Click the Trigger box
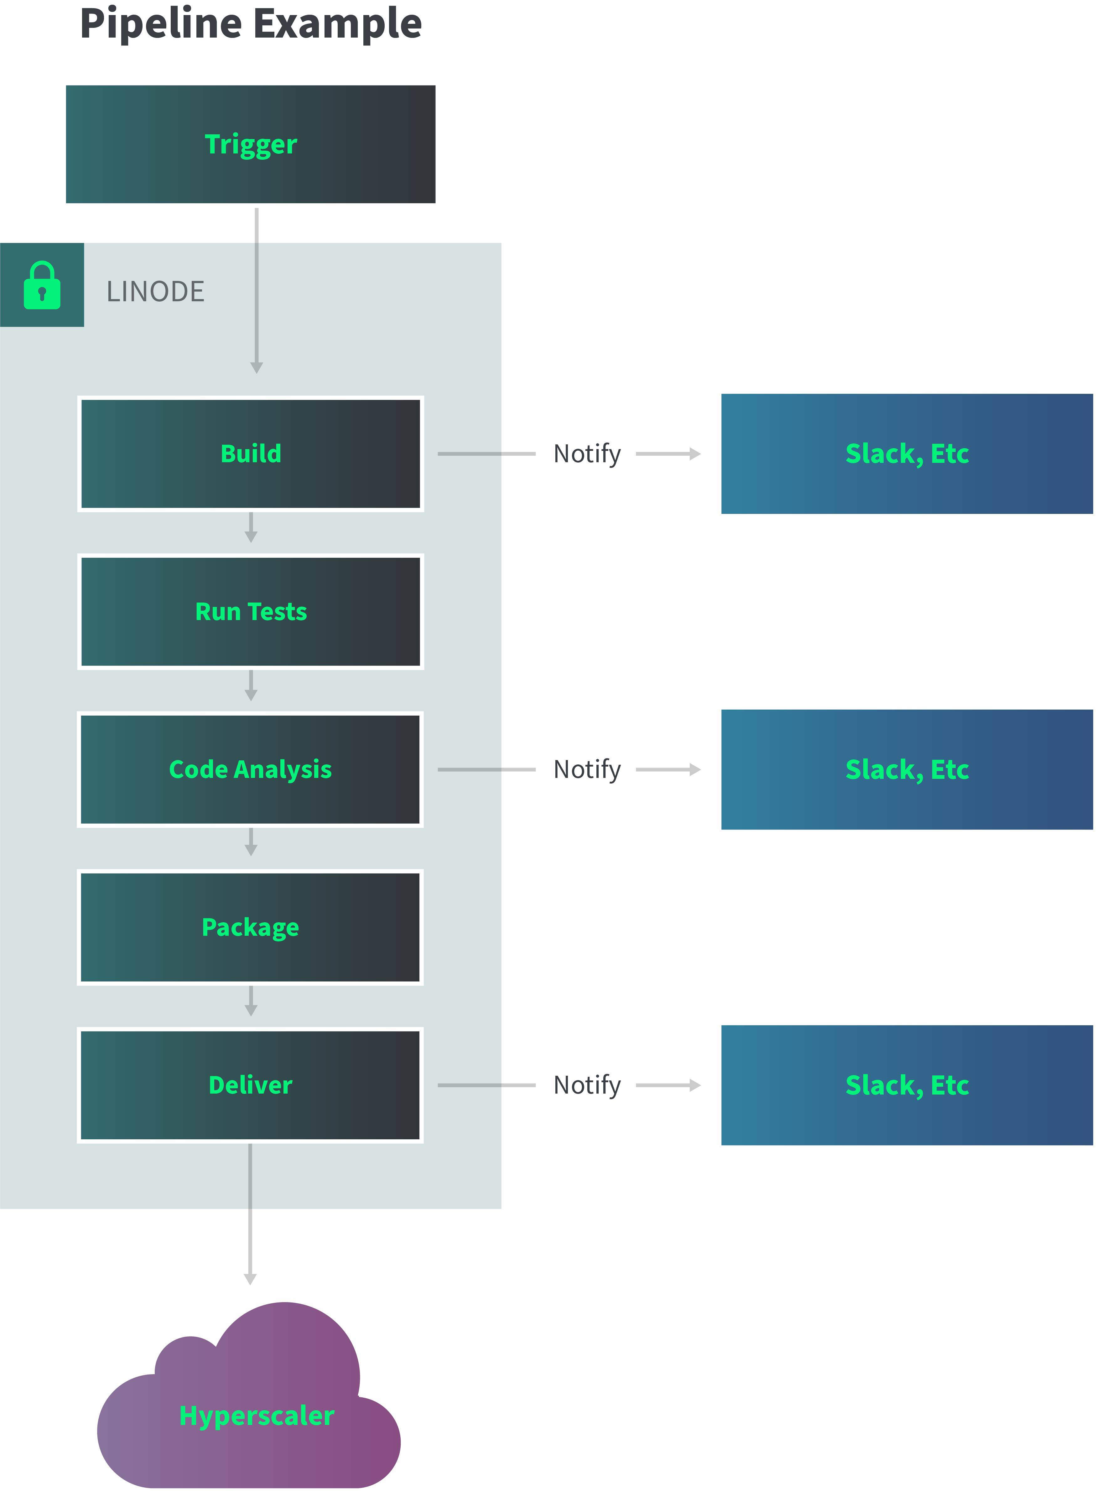[x=251, y=144]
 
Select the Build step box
[x=251, y=454]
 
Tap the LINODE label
[x=155, y=292]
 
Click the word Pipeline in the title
[x=161, y=24]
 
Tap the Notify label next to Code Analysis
[x=587, y=769]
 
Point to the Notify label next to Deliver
[x=587, y=1085]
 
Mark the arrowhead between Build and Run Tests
[x=251, y=536]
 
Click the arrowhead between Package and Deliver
[x=251, y=1010]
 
